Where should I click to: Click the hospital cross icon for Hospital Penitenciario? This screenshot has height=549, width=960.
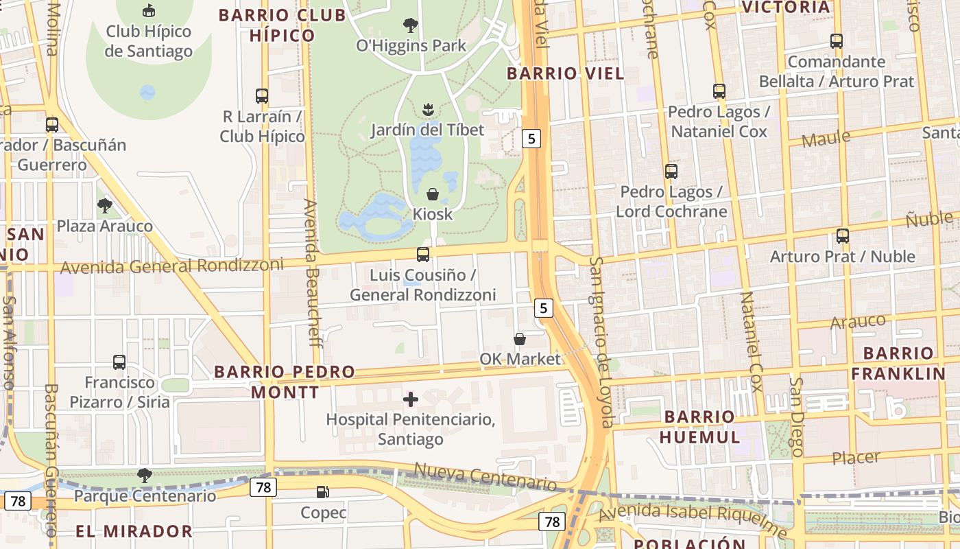coord(411,399)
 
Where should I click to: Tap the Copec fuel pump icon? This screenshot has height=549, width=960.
coord(322,491)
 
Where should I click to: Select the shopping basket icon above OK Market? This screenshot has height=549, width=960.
coord(520,339)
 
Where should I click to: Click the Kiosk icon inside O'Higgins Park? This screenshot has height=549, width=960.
coord(433,194)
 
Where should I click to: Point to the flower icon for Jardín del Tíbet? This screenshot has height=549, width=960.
coord(429,109)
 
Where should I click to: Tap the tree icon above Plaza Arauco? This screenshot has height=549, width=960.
coord(105,205)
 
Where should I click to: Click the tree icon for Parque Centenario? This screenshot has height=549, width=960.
coord(144,475)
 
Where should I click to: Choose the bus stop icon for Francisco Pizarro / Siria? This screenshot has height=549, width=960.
coord(119,362)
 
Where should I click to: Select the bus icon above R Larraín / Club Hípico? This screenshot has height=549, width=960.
coord(262,95)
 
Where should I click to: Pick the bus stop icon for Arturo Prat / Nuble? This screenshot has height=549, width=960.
coord(843,236)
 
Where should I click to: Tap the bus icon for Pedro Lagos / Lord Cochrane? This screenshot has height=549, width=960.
coord(671,172)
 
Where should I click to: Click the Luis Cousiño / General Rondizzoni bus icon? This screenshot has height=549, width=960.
coord(423,255)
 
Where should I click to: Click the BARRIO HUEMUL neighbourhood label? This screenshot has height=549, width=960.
coord(700,427)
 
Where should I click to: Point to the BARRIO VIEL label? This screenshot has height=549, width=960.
coord(565,73)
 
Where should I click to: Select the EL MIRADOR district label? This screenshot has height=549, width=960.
coord(134,531)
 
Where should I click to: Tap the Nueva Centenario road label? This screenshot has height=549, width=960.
coord(485,477)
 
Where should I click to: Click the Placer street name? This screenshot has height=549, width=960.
coord(855,458)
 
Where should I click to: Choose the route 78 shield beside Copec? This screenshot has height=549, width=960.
coord(263,487)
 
